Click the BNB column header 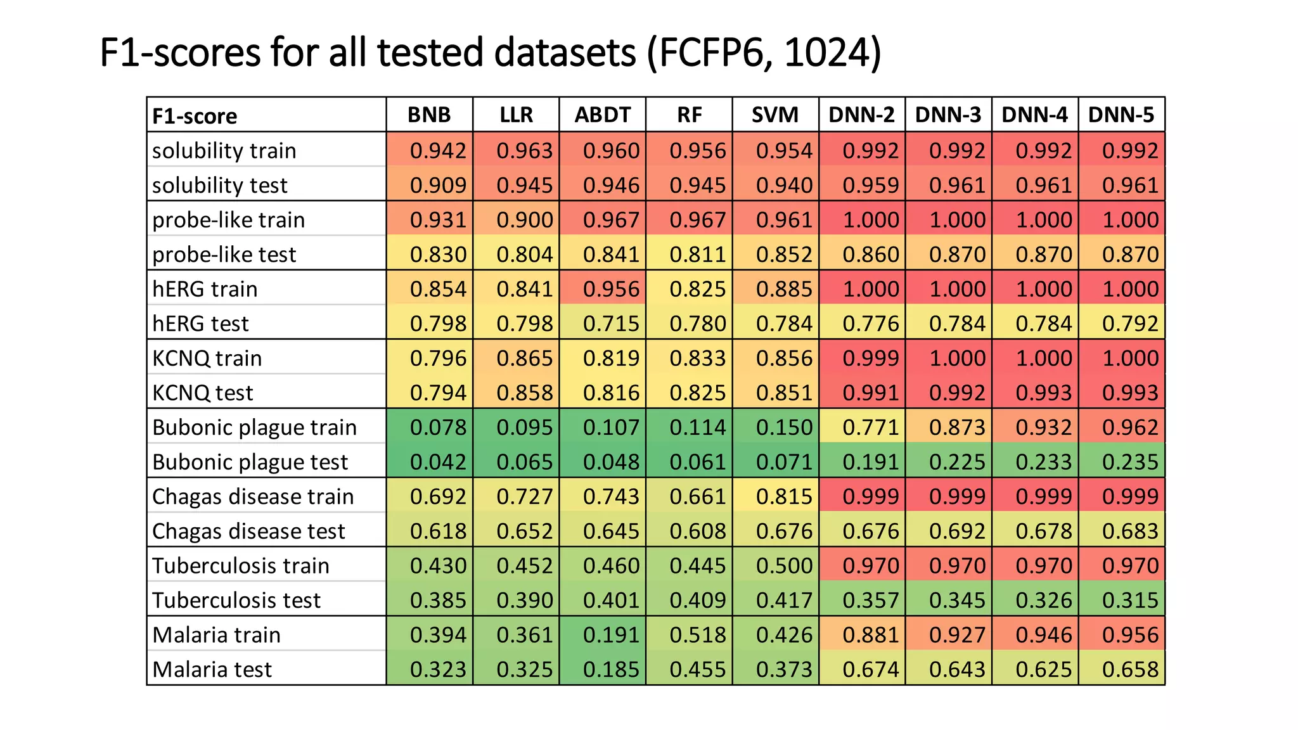pyautogui.click(x=429, y=115)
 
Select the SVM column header pyautogui.click(x=775, y=115)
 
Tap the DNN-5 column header pyautogui.click(x=1121, y=115)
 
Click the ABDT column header pyautogui.click(x=602, y=115)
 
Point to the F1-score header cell pyautogui.click(x=195, y=116)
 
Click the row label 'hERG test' pyautogui.click(x=200, y=323)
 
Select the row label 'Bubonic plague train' pyautogui.click(x=254, y=427)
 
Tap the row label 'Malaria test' pyautogui.click(x=212, y=669)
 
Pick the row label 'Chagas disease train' pyautogui.click(x=253, y=496)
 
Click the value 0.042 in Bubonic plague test pyautogui.click(x=437, y=462)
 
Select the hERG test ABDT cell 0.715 pyautogui.click(x=610, y=323)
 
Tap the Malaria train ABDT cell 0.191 pyautogui.click(x=610, y=634)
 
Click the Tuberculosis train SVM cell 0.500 pyautogui.click(x=783, y=565)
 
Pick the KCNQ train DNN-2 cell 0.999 pyautogui.click(x=870, y=358)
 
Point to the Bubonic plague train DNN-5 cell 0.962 pyautogui.click(x=1129, y=427)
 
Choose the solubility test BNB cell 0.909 pyautogui.click(x=437, y=185)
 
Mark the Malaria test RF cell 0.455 pyautogui.click(x=697, y=669)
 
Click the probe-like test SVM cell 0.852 pyautogui.click(x=783, y=254)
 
